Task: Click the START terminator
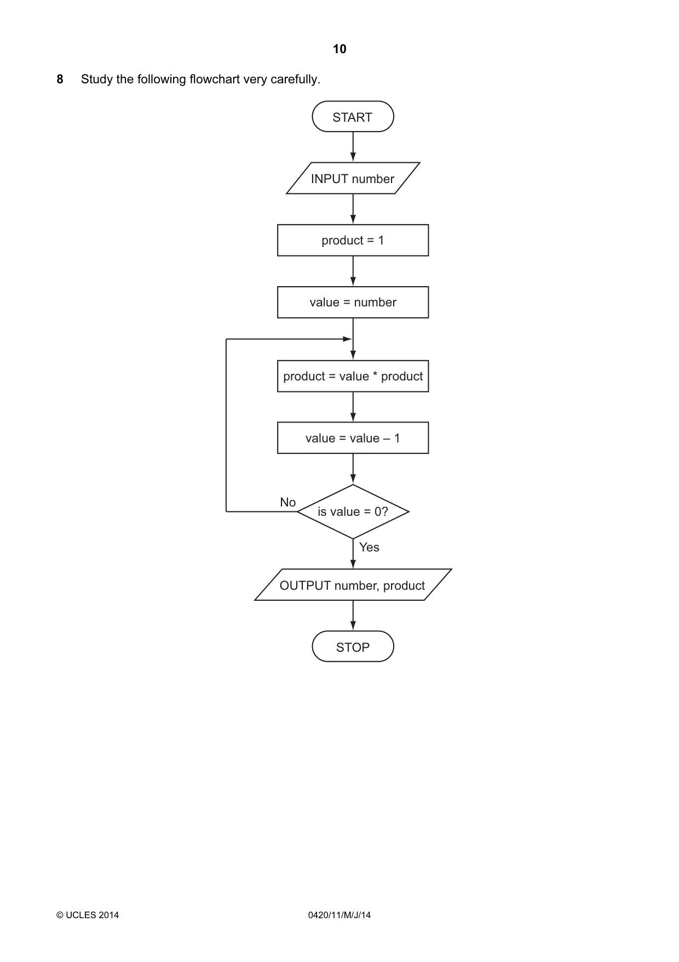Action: point(353,117)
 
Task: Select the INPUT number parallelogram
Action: point(353,178)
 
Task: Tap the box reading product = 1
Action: point(353,240)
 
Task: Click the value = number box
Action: point(353,302)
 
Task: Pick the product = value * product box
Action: point(353,376)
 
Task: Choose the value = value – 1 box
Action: point(353,438)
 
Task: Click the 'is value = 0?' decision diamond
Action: point(353,511)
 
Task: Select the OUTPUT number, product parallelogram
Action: point(353,585)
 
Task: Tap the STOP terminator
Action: point(353,647)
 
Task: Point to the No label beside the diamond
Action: point(287,502)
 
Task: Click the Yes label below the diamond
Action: point(369,547)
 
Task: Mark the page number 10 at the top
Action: point(339,49)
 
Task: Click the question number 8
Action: point(60,79)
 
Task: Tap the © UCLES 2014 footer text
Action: point(88,915)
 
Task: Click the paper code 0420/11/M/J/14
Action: point(339,915)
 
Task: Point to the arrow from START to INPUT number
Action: point(353,147)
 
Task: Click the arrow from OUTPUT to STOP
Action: point(353,616)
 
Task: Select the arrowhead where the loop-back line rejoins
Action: point(347,339)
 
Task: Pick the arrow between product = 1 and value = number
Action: point(353,271)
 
